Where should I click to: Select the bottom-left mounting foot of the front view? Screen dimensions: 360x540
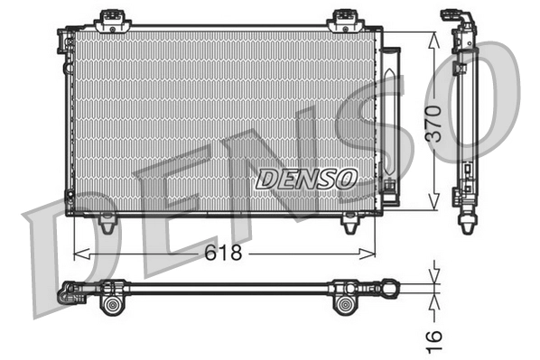tap(107, 222)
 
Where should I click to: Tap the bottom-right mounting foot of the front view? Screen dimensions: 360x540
tap(349, 222)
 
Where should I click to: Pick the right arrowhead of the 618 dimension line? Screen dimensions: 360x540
tap(370, 254)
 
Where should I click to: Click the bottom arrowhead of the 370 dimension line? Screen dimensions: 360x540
tap(435, 206)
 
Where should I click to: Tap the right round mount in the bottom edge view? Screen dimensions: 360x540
tap(345, 304)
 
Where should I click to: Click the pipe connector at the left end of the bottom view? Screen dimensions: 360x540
tap(68, 292)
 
